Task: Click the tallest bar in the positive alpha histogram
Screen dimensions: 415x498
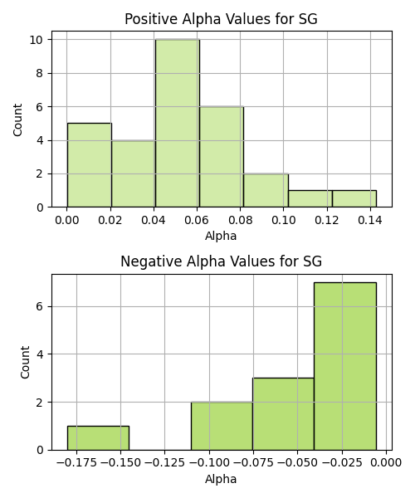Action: [x=178, y=123]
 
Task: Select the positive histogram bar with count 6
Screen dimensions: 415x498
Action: [x=222, y=157]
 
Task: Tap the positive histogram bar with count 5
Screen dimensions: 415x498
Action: [x=89, y=165]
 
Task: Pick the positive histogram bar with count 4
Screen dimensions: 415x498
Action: [x=134, y=173]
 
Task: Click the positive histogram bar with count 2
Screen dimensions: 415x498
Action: [x=266, y=191]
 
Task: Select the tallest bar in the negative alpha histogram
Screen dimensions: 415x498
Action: [x=345, y=366]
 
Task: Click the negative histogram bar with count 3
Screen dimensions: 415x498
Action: [x=284, y=414]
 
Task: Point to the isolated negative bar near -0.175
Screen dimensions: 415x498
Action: [x=98, y=438]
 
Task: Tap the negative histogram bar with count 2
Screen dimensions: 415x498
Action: [x=222, y=426]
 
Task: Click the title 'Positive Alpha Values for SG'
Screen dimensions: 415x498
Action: [x=221, y=19]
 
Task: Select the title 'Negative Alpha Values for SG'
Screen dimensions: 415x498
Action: [x=222, y=261]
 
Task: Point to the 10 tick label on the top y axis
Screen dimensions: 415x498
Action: [x=37, y=40]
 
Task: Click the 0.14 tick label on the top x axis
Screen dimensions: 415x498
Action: [x=370, y=220]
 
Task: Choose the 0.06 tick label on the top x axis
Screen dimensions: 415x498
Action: [x=197, y=220]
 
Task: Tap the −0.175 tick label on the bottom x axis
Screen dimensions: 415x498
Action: [x=76, y=463]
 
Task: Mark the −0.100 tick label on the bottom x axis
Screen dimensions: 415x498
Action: [x=209, y=463]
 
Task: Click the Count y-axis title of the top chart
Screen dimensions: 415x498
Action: [x=17, y=120]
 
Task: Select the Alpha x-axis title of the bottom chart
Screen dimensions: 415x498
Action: [x=221, y=479]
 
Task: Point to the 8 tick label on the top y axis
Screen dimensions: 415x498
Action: [x=40, y=73]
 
